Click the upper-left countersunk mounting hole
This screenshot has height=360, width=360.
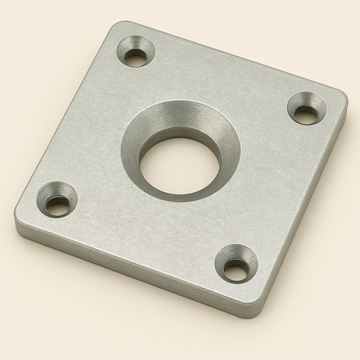(136, 54)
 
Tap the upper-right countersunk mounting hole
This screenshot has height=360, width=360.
(306, 109)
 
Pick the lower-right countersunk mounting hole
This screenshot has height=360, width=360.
(237, 264)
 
